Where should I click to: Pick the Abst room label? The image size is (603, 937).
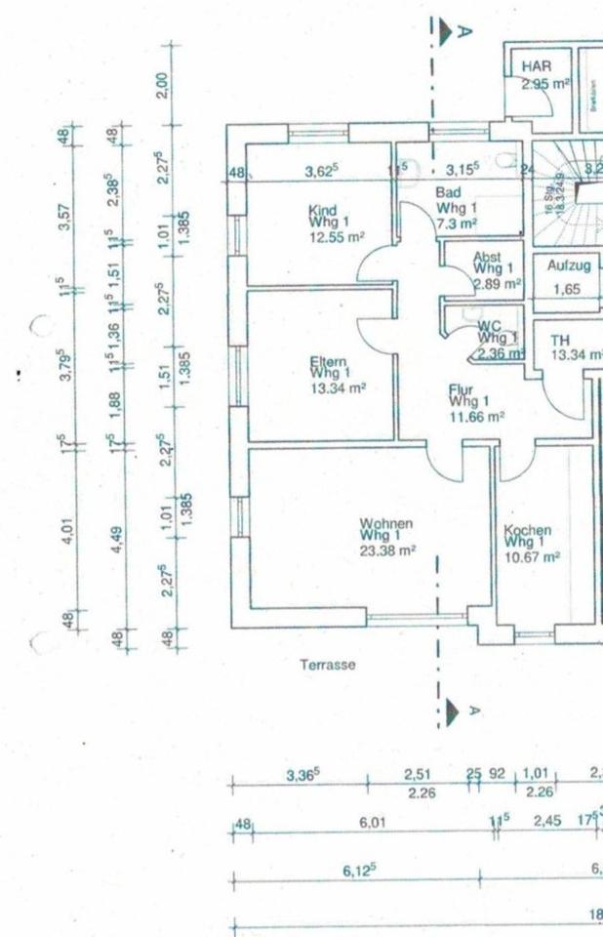tap(487, 257)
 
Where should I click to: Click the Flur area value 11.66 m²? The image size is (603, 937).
tap(476, 416)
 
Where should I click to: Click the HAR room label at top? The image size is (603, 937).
tap(537, 65)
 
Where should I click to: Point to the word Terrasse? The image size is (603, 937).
tap(328, 665)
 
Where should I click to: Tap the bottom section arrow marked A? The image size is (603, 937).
tap(452, 712)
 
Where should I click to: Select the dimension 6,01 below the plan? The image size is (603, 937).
tap(372, 823)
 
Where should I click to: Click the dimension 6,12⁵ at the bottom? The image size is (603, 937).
tap(360, 870)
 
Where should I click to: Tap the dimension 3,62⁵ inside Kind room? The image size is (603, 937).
tap(321, 171)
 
